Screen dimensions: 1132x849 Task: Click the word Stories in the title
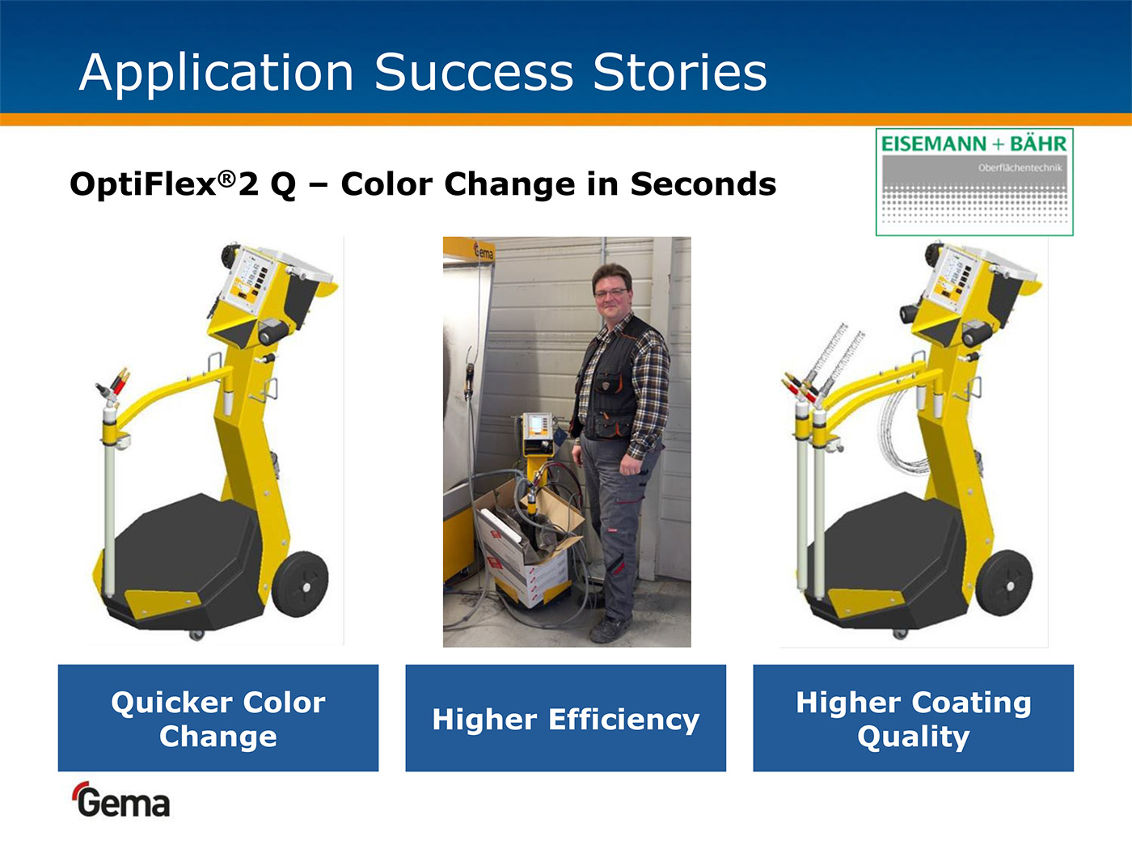click(680, 72)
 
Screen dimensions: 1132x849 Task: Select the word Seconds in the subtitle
click(703, 184)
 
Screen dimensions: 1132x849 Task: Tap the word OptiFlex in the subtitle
click(143, 185)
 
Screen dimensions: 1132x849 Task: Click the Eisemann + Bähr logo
click(974, 182)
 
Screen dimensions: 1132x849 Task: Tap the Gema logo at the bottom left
click(122, 800)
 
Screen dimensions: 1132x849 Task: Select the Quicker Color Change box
click(218, 717)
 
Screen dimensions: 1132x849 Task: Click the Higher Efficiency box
click(566, 717)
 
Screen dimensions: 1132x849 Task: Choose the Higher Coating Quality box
click(914, 717)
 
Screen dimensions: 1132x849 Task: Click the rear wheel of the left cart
click(300, 584)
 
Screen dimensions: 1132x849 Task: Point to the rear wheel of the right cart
click(1004, 582)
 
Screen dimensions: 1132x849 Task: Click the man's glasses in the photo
click(611, 293)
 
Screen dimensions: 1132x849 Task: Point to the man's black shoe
click(610, 629)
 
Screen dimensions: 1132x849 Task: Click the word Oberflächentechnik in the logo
click(1020, 167)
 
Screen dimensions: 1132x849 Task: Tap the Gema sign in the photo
click(484, 252)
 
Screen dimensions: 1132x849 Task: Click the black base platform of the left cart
click(186, 562)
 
